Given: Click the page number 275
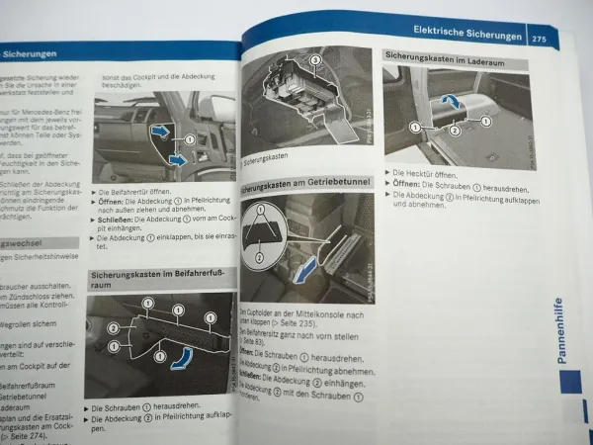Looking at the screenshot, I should (x=539, y=39).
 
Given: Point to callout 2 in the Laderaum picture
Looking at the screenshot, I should (x=455, y=130).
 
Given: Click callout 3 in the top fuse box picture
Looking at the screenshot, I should (x=314, y=61).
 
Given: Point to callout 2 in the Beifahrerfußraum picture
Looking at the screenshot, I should (x=113, y=328).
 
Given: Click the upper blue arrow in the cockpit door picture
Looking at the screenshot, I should (x=159, y=130).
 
